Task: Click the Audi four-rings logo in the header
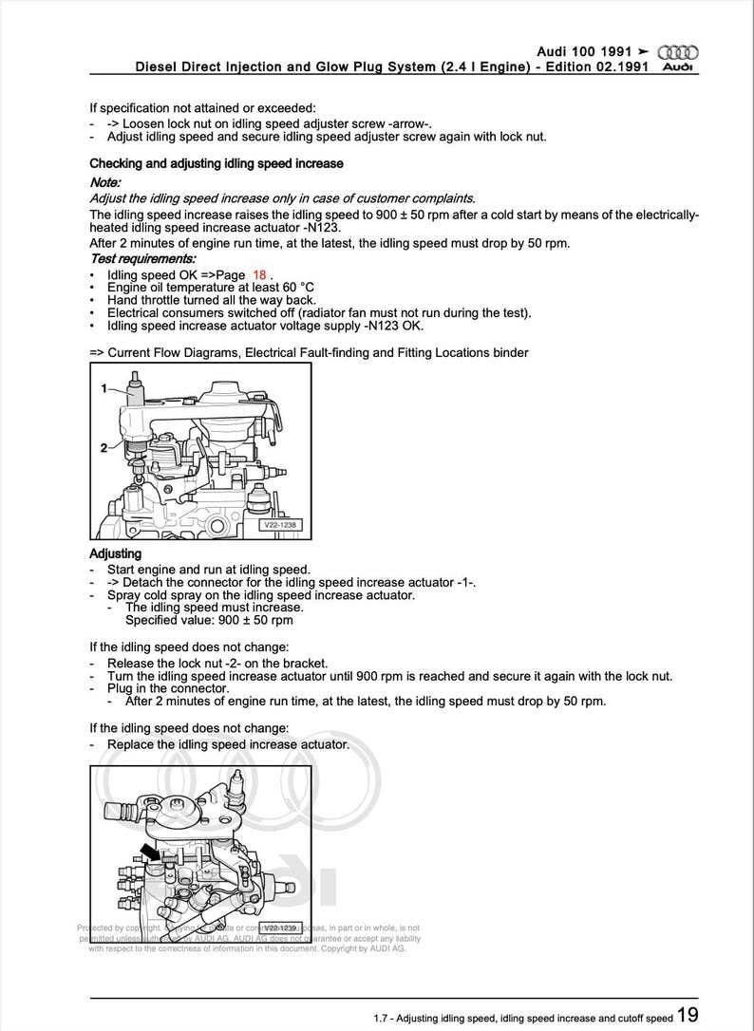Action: [x=678, y=52]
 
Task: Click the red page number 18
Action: [x=259, y=274]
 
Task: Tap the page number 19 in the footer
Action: [x=688, y=1016]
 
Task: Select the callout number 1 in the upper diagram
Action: [x=105, y=388]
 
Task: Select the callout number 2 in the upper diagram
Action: [x=104, y=447]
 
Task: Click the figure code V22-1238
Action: [x=280, y=524]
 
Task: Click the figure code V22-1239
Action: [x=281, y=928]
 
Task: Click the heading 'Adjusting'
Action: [x=115, y=553]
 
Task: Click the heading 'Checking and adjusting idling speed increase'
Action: [x=216, y=163]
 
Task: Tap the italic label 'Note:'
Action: [x=105, y=181]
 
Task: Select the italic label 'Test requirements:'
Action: [x=142, y=258]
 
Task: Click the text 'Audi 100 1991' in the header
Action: [x=583, y=50]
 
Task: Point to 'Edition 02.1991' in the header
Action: [x=595, y=67]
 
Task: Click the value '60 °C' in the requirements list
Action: [x=293, y=287]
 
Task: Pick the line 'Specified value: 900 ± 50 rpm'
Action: [x=209, y=620]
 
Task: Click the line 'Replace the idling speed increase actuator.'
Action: [x=228, y=744]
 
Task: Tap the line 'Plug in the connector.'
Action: [x=168, y=687]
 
